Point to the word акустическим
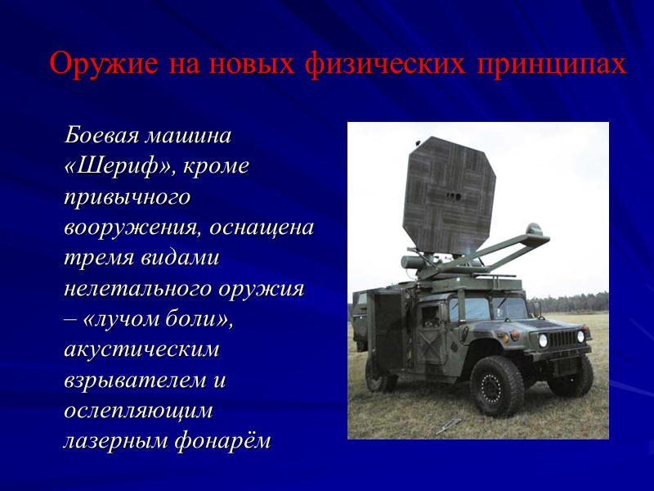[141, 350]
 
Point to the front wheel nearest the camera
[496, 385]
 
